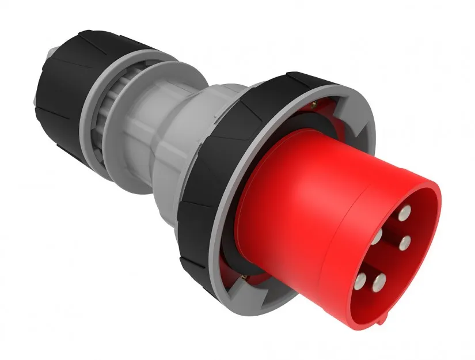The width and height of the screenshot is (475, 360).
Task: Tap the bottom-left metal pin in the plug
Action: tap(361, 281)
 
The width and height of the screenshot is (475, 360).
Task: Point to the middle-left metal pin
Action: tap(377, 236)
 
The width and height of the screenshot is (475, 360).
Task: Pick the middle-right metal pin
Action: tap(404, 241)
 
